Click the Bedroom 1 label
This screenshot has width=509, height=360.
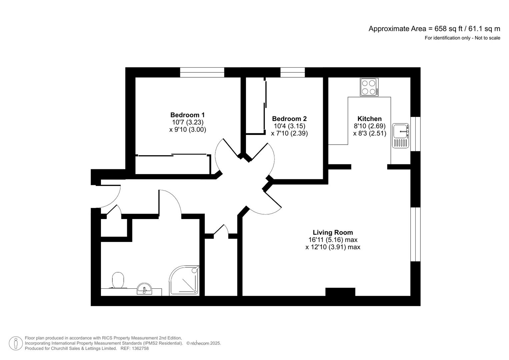[x=187, y=115]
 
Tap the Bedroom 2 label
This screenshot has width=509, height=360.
[x=289, y=119]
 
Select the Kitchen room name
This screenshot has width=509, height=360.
[x=369, y=119]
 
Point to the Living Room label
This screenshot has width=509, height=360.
[x=333, y=232]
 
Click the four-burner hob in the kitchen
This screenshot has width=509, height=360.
[x=369, y=87]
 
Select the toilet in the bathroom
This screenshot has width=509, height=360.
[x=118, y=280]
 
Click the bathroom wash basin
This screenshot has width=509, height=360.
[x=145, y=289]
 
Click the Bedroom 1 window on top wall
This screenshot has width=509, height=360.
[x=202, y=72]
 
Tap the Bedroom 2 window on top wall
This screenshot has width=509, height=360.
[x=292, y=72]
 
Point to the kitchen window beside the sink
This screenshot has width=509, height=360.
[x=415, y=134]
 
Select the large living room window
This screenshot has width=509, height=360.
[x=415, y=234]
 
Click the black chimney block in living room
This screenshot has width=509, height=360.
[x=340, y=292]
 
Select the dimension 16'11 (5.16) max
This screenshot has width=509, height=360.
[x=333, y=240]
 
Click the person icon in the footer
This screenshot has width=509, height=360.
[x=16, y=343]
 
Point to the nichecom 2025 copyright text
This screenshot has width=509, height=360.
[x=203, y=343]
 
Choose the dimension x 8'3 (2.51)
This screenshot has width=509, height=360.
[x=369, y=133]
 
